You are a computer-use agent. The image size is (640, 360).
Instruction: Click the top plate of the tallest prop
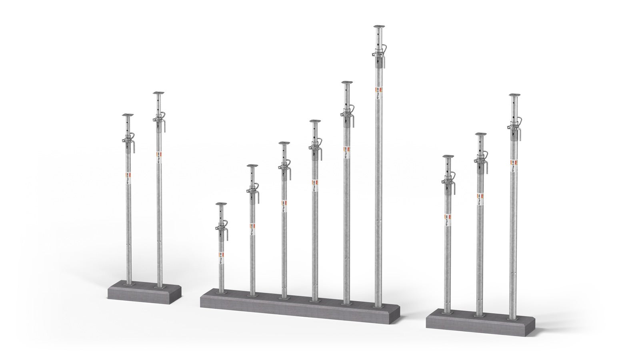tap(378, 27)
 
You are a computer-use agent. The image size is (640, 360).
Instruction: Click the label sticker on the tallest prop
tap(378, 92)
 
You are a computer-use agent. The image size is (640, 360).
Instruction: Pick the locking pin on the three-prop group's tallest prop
tap(515, 124)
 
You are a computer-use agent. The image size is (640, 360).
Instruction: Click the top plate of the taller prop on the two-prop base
tap(159, 94)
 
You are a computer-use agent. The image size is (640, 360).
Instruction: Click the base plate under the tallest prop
tap(378, 306)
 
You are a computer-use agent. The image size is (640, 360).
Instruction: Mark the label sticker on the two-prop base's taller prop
tap(159, 156)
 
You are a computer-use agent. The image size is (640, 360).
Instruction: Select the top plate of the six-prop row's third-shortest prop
tap(284, 143)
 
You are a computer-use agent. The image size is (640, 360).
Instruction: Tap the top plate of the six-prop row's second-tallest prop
tap(346, 83)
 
